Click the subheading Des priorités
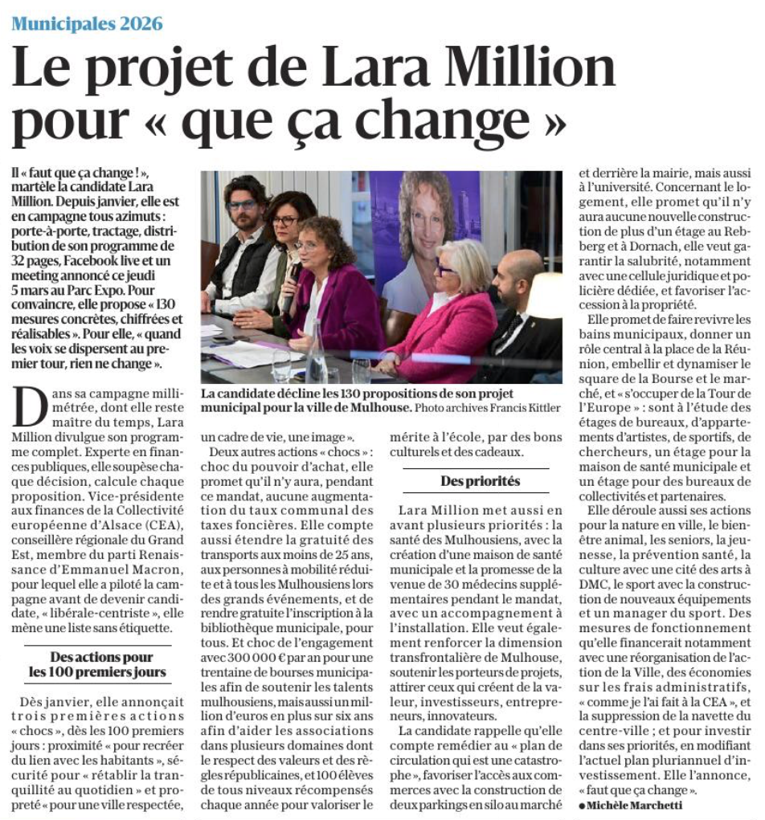[480, 481]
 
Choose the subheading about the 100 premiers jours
[97, 664]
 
